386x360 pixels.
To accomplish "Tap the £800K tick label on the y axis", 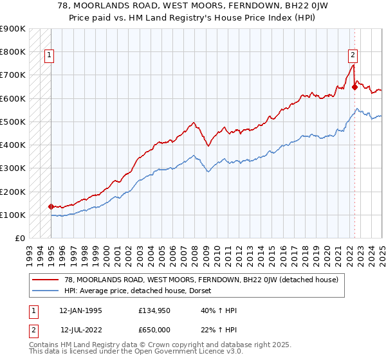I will tap(13, 51).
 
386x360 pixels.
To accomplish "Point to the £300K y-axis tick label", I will tap(13, 168).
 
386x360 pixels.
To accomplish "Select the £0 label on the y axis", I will tap(20, 239).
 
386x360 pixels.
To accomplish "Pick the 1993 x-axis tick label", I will tap(29, 251).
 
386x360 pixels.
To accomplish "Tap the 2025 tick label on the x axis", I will tap(381, 251).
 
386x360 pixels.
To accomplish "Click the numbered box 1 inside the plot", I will tap(49, 56).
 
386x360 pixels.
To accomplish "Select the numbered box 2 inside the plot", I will tap(353, 56).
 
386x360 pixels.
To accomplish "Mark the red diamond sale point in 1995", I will tap(51, 206).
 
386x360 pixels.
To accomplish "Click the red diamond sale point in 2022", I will tap(354, 87).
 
